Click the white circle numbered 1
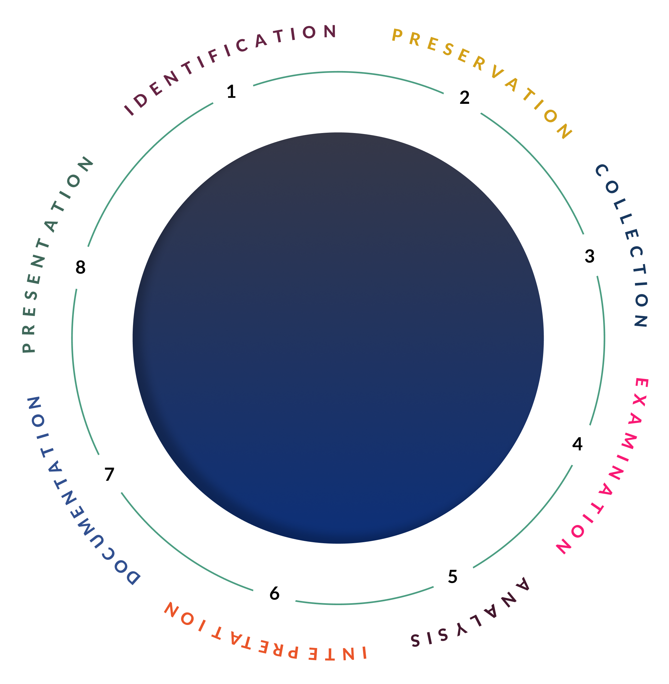point(232,92)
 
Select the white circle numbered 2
point(465,97)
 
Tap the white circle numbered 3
point(589,256)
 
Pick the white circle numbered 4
point(578,444)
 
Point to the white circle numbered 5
point(453,576)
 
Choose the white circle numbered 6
point(275,593)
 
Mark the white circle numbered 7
point(110,473)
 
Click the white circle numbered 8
point(80,267)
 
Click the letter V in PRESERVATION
point(497,72)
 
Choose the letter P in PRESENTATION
point(29,347)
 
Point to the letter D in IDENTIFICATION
point(141,101)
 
